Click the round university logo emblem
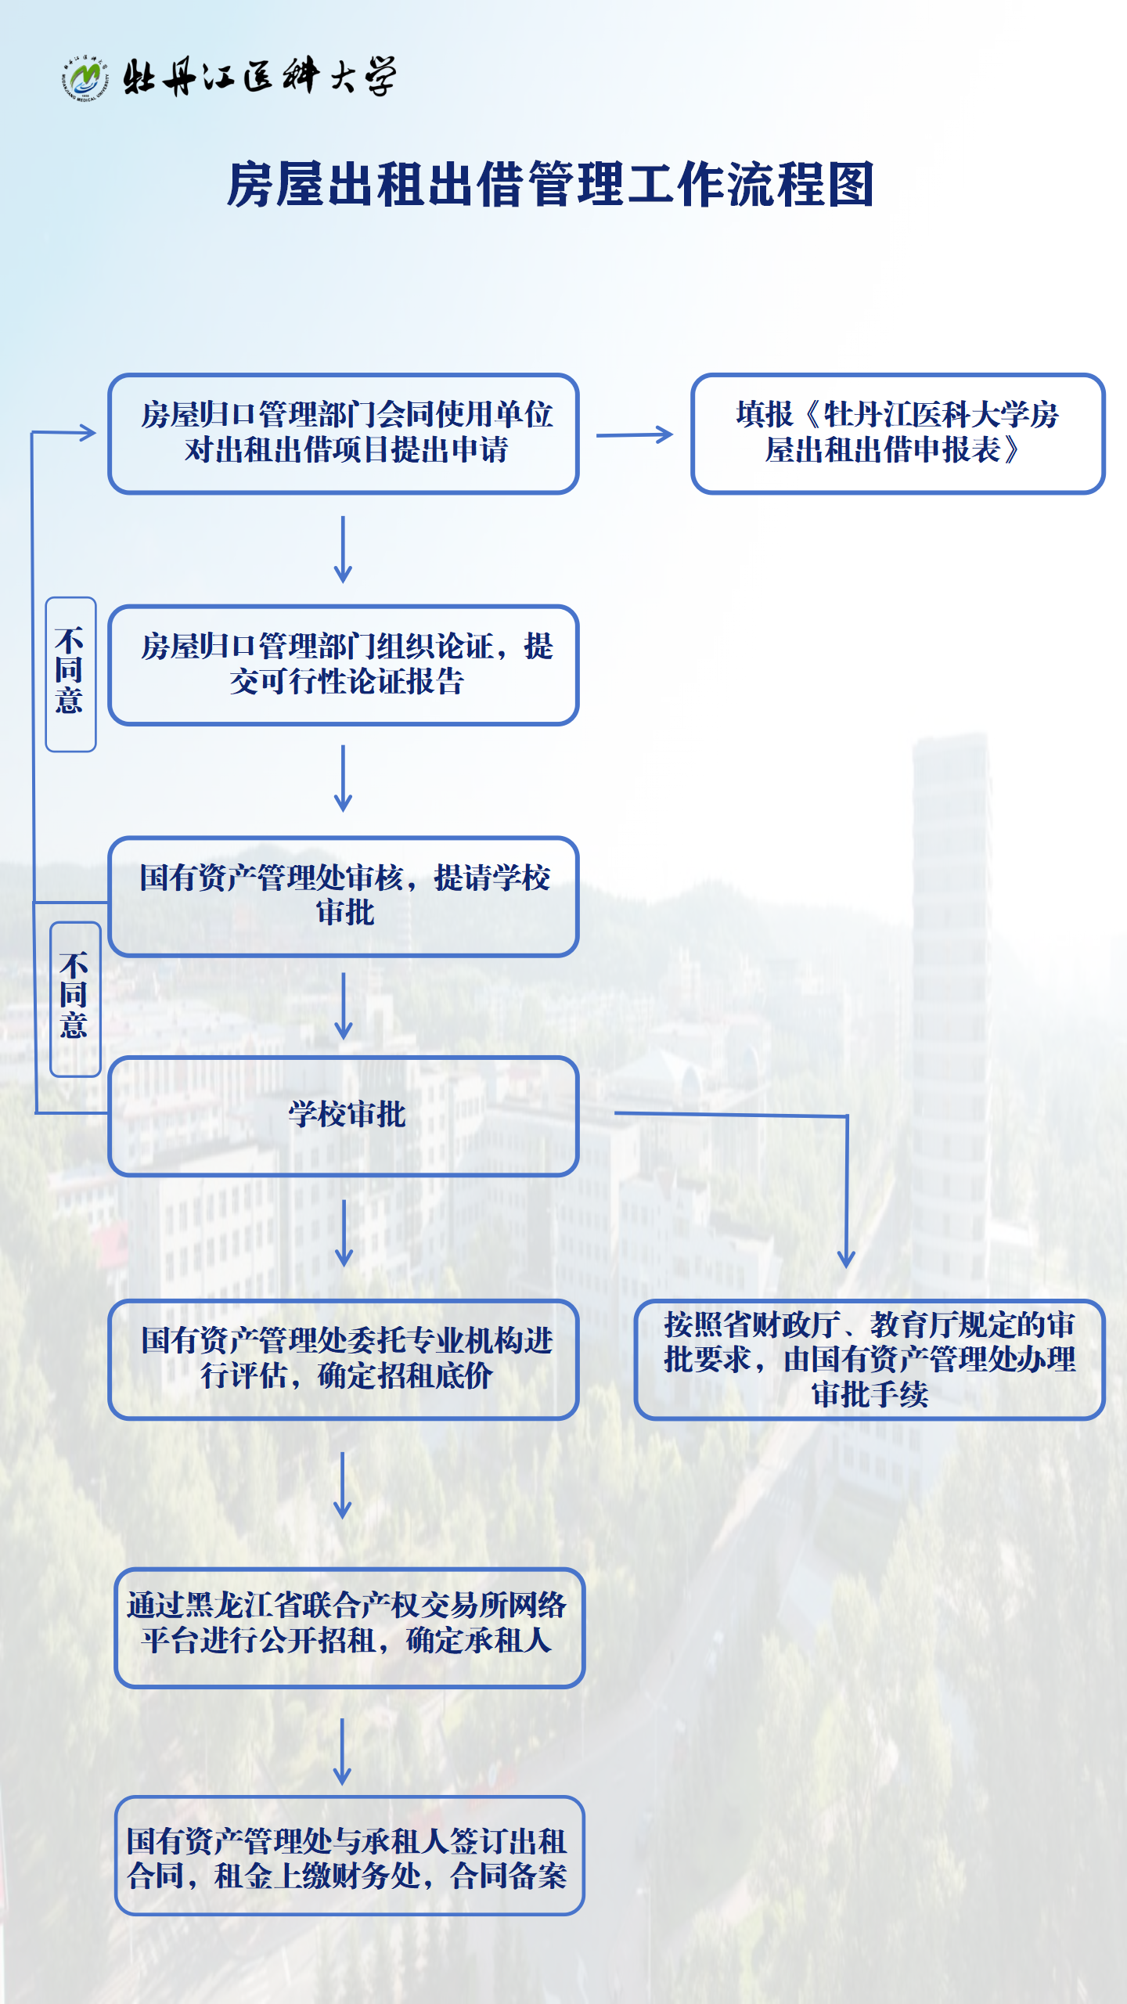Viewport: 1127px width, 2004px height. point(85,78)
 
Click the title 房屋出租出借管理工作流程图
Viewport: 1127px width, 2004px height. point(550,186)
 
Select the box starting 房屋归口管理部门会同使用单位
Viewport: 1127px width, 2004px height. point(344,434)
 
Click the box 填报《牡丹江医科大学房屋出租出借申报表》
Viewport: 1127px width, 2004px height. point(897,434)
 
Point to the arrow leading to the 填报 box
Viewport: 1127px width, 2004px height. point(635,434)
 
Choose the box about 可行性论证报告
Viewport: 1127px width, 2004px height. point(344,665)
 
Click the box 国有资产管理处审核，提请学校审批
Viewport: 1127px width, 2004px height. point(344,896)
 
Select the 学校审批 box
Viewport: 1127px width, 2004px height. point(344,1116)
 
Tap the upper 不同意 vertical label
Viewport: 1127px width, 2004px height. point(70,673)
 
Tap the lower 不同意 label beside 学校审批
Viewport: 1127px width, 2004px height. point(75,998)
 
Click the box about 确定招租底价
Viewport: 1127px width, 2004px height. point(344,1360)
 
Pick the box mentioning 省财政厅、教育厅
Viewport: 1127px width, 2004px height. point(869,1360)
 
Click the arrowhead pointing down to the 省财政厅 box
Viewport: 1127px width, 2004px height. point(846,1257)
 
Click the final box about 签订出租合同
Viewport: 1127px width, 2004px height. point(349,1855)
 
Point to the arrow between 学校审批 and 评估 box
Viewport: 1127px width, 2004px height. point(344,1233)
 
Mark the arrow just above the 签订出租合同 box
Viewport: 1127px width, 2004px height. point(342,1752)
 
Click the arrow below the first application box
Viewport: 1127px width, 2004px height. point(343,549)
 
